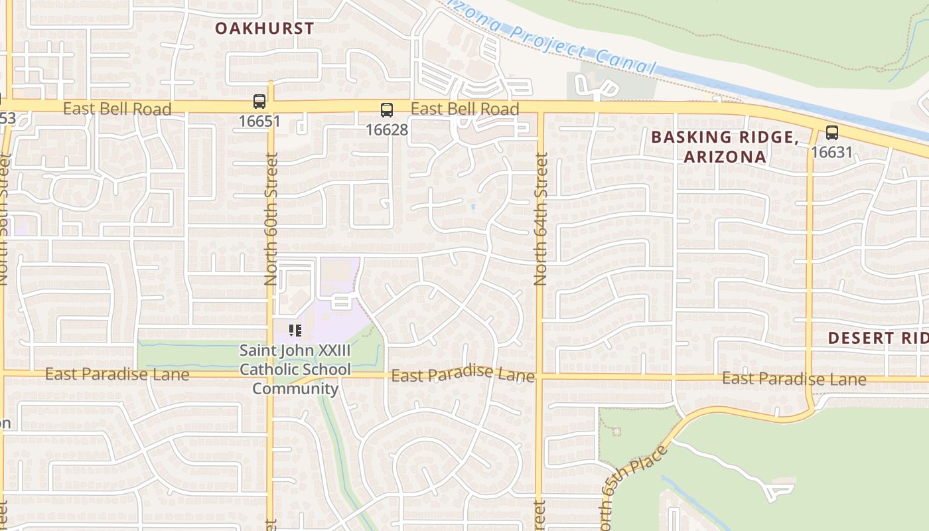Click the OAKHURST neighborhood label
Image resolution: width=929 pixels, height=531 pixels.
264,28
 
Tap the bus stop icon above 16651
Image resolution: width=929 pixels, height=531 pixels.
259,102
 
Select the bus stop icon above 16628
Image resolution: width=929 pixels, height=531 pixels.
386,110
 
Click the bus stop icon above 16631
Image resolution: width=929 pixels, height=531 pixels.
831,133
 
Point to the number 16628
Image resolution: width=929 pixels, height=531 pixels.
386,129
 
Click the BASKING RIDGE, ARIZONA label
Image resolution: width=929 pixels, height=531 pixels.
725,147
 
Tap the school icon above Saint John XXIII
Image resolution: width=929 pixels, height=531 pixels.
295,330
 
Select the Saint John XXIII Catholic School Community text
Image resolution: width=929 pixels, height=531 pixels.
295,369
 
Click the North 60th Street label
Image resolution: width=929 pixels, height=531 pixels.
271,219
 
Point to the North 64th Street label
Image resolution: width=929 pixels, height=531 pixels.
540,219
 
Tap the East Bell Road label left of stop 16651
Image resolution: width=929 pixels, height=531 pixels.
117,108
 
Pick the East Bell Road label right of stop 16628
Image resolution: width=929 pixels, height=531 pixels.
464,108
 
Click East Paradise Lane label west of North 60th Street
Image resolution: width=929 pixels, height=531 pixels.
117,374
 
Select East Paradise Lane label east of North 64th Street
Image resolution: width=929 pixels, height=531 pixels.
793,378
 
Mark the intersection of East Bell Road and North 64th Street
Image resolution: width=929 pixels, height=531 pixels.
540,106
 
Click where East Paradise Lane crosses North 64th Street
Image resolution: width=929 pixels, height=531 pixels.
539,377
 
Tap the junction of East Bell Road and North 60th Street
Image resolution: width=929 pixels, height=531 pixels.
271,106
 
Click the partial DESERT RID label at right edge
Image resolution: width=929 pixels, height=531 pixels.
877,337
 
